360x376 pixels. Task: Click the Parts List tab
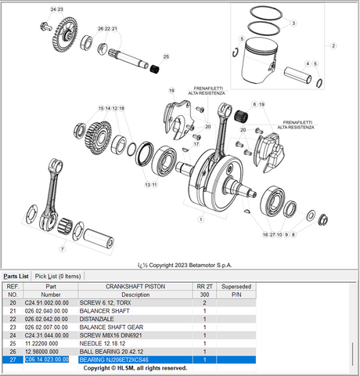click(x=16, y=276)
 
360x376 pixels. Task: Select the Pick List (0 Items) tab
click(x=58, y=276)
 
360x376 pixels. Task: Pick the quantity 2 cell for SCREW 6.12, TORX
click(x=204, y=302)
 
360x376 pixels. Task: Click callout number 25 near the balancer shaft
click(x=165, y=57)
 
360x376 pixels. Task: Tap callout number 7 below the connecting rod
click(x=62, y=248)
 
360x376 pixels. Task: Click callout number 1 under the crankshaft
click(x=201, y=220)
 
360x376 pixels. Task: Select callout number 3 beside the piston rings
click(x=293, y=23)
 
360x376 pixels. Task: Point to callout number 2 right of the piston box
click(x=333, y=46)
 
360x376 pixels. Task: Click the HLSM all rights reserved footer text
click(x=135, y=367)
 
